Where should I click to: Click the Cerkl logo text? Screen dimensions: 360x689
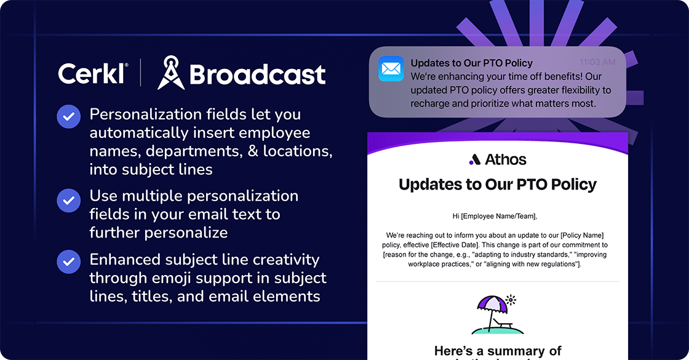(x=93, y=73)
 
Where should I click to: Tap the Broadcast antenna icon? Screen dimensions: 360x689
(x=170, y=73)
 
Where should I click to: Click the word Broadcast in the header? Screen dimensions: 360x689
(x=257, y=74)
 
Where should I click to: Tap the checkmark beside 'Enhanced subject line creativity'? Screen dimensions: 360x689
(x=69, y=262)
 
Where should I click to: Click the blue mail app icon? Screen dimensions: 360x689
(x=391, y=68)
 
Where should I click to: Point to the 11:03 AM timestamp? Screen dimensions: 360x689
(x=597, y=62)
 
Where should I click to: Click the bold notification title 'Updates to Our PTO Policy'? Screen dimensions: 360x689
(x=471, y=63)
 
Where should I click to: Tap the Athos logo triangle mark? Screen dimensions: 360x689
(x=474, y=161)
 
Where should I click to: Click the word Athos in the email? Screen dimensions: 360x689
(x=506, y=160)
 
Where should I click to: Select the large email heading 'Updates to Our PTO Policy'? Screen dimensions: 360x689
(x=498, y=184)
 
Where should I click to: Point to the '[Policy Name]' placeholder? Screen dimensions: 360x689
(x=584, y=236)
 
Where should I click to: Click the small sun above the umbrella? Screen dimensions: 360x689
(x=510, y=300)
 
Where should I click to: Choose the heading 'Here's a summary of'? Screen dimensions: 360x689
(x=498, y=351)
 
